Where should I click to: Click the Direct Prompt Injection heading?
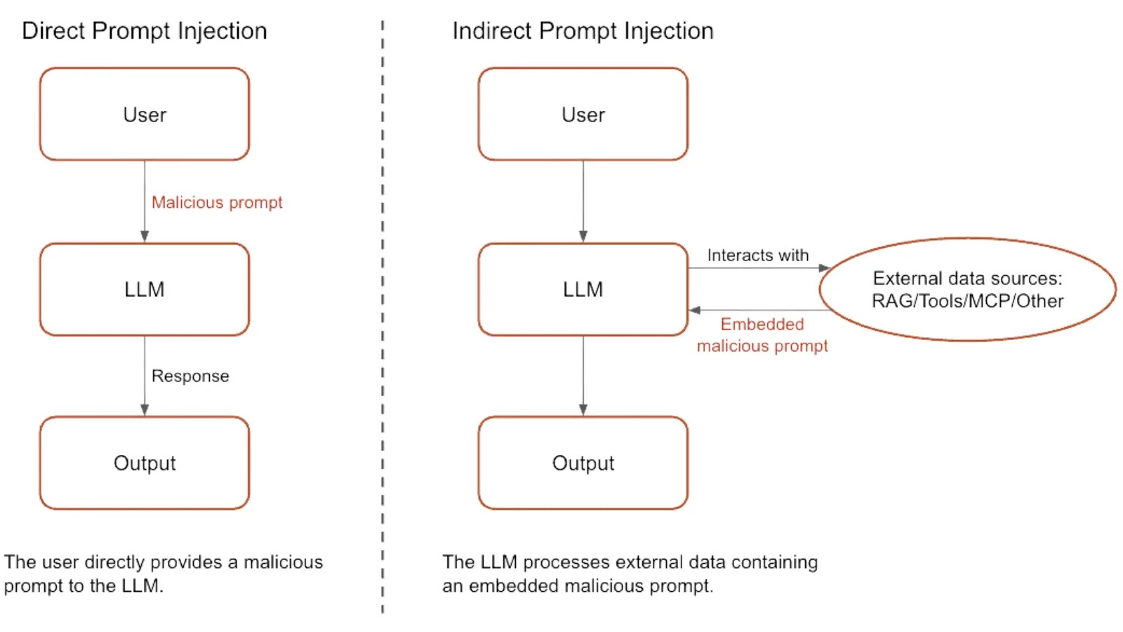click(x=144, y=31)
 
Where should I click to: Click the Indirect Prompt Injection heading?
click(x=583, y=31)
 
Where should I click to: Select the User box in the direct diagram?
click(x=145, y=114)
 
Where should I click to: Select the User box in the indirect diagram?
click(x=583, y=114)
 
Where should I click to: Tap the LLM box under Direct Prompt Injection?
click(x=145, y=289)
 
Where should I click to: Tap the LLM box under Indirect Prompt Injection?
click(x=583, y=289)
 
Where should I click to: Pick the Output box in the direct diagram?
click(x=145, y=463)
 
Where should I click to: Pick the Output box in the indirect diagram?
click(x=583, y=463)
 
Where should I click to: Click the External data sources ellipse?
click(x=967, y=289)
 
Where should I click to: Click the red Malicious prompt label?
click(x=217, y=202)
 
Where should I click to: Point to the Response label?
click(x=190, y=376)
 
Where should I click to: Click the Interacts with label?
click(x=757, y=255)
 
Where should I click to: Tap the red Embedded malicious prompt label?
click(x=762, y=335)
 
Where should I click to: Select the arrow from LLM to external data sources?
click(x=758, y=268)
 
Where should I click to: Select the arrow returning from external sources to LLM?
click(x=758, y=310)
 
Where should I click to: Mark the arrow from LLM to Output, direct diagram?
click(x=145, y=376)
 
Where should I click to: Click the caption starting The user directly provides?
click(x=163, y=574)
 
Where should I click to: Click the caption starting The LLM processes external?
click(x=630, y=574)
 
